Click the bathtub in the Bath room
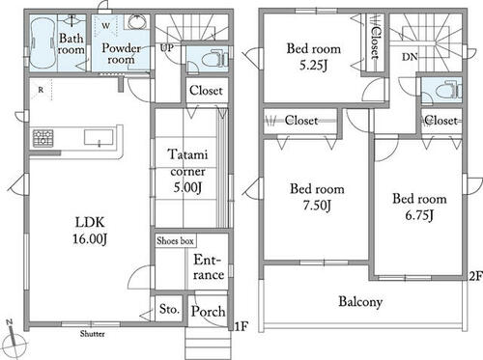coord(43,43)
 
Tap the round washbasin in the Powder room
coord(137,22)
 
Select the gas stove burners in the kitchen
coord(43,138)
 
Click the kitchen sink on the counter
coord(99,137)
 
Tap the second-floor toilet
coord(448,90)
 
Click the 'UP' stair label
coord(167,48)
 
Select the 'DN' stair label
coord(410,57)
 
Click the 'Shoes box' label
coord(175,240)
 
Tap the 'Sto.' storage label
coord(169,309)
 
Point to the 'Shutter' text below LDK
coord(93,334)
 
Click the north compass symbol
coord(14,340)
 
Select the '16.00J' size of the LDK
coord(90,239)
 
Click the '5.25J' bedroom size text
coord(313,66)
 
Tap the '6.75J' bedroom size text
coord(419,215)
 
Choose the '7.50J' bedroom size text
coord(317,206)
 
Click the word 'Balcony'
coord(360,302)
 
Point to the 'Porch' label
coord(208,311)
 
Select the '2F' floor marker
coord(475,276)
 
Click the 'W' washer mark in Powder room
coord(106,25)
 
